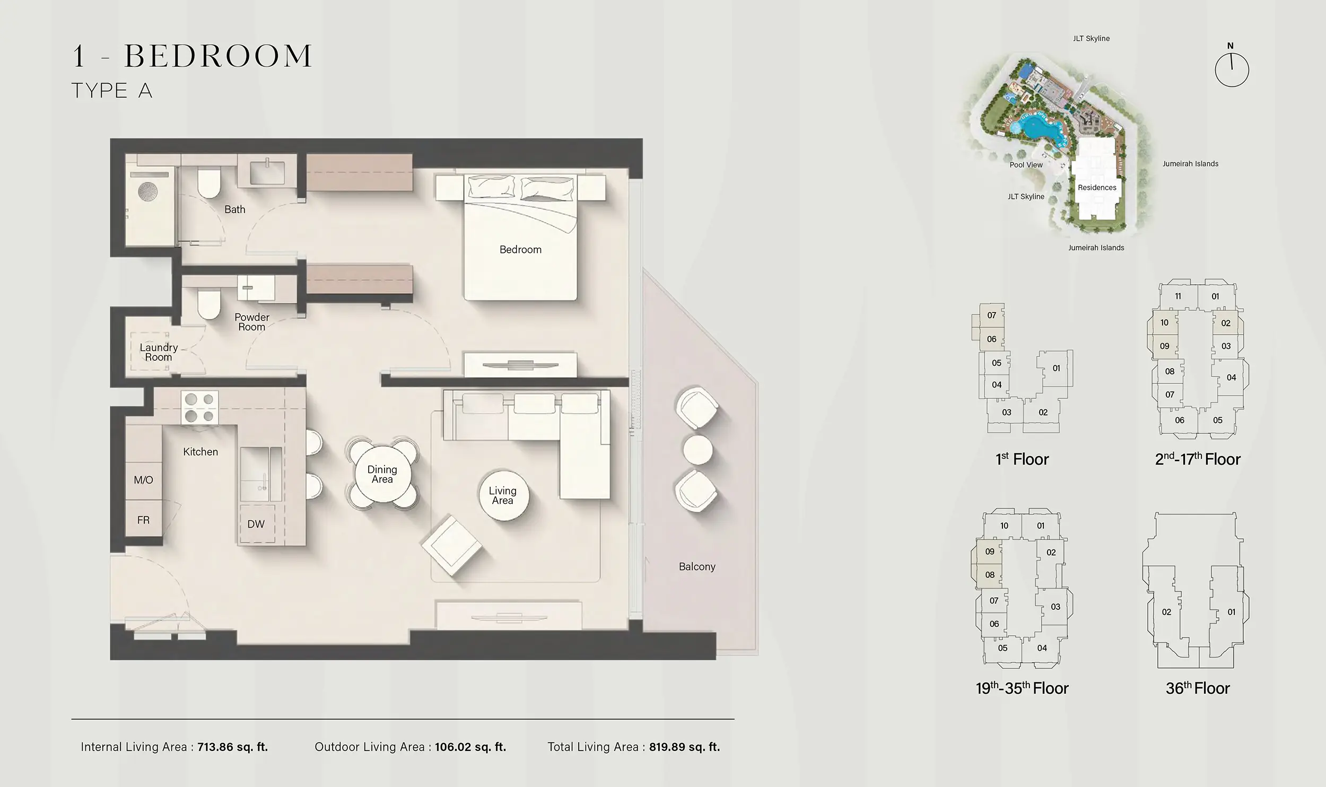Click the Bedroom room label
520,250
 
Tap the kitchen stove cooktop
199,408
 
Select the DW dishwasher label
256,524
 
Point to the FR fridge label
143,520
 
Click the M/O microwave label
143,480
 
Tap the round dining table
382,474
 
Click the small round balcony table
697,450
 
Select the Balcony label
697,566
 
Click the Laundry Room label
158,352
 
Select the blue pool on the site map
1035,130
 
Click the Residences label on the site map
1097,187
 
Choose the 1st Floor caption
1022,459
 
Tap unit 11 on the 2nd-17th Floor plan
1178,296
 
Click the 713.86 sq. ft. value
232,747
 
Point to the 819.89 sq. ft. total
684,747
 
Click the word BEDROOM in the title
218,56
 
